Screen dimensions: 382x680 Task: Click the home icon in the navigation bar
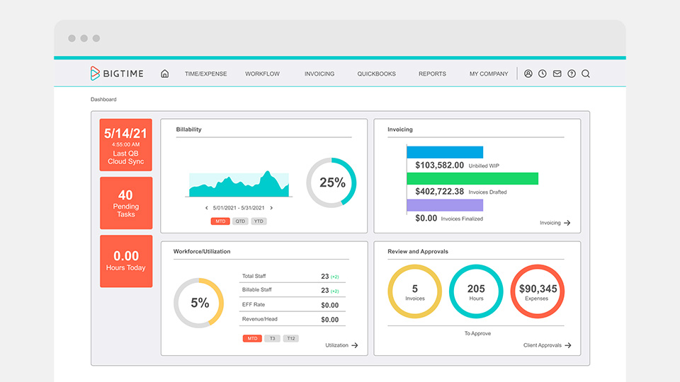click(165, 74)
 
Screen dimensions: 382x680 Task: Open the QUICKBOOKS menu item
click(376, 74)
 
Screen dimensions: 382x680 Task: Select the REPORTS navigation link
click(432, 74)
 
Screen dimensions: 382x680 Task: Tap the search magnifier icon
click(586, 74)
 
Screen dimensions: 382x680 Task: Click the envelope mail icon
click(557, 74)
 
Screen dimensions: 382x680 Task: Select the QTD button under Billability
click(241, 221)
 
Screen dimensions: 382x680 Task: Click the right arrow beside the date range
click(271, 208)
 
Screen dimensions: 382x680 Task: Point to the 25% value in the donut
click(331, 183)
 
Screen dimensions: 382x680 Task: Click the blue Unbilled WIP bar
click(445, 152)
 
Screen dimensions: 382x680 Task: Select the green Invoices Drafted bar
click(472, 178)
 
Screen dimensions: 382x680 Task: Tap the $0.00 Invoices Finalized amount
click(426, 219)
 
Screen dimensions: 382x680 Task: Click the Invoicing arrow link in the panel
click(555, 223)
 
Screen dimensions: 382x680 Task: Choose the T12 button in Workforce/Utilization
click(290, 339)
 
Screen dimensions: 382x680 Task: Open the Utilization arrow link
click(341, 345)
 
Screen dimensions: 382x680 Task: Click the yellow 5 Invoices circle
click(415, 291)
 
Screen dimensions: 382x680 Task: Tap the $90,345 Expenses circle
click(538, 291)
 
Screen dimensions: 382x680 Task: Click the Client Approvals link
click(547, 345)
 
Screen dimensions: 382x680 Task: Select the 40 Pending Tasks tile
click(126, 203)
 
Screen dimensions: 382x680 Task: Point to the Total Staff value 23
click(325, 277)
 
